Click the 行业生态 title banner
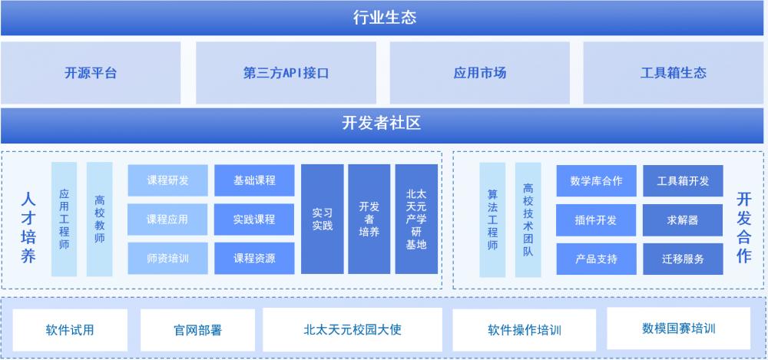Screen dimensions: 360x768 384,18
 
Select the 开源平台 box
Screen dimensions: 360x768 91,73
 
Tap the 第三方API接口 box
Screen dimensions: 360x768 286,73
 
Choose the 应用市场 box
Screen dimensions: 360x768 480,73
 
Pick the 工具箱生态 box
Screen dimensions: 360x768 674,73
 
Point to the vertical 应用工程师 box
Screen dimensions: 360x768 65,220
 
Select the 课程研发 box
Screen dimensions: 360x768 167,180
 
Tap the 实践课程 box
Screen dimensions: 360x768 254,220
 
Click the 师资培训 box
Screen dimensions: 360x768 167,259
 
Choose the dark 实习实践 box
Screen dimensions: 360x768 323,220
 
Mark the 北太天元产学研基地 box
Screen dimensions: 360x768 416,220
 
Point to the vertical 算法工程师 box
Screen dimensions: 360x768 492,220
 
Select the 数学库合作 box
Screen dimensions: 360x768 596,181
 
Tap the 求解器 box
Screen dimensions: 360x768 683,220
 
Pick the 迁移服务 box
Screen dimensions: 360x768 683,259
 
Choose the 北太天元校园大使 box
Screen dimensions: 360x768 353,330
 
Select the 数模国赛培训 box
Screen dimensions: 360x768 678,329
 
